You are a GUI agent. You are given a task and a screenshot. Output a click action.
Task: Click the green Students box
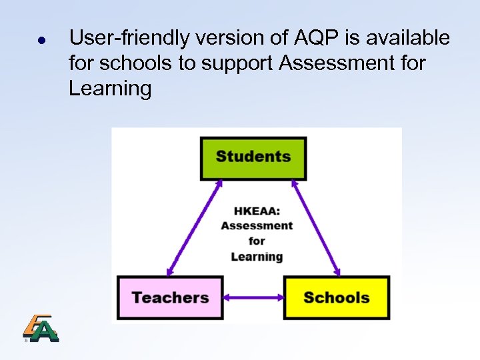tap(253, 158)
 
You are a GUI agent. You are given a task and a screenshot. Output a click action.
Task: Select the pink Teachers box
tap(170, 297)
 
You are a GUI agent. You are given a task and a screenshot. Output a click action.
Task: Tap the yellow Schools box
tap(336, 297)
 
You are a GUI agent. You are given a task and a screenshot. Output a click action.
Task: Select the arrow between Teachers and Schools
tap(253, 298)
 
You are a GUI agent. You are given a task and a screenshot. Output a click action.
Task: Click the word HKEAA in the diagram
tap(256, 211)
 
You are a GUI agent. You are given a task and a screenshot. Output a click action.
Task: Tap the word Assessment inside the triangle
tap(257, 226)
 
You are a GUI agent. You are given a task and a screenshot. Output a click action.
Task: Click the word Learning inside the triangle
tap(257, 257)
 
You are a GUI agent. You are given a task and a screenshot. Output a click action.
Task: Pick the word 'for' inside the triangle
tap(257, 241)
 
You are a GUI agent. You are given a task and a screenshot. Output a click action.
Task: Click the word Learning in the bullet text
tap(110, 89)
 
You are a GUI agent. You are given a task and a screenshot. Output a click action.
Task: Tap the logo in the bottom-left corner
tap(41, 328)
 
